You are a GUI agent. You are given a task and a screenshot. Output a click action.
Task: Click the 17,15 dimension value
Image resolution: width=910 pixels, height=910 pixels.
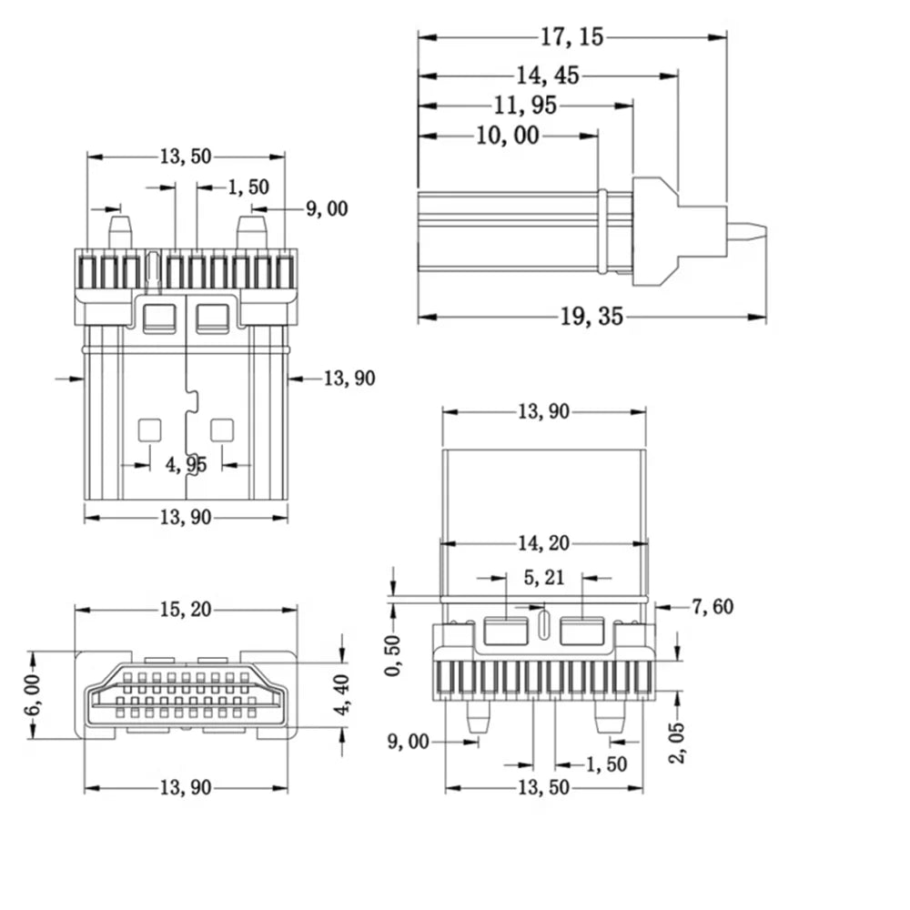[x=572, y=37]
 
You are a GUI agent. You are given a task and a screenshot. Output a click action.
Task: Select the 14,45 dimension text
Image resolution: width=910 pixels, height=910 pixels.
[x=548, y=76]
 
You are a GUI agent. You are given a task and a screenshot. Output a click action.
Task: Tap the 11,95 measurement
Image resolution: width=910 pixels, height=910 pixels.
[x=525, y=106]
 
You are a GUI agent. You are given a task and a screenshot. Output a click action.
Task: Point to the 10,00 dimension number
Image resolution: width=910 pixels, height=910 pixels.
[x=508, y=136]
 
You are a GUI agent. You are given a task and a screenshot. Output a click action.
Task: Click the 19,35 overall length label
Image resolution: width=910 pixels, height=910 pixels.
[x=591, y=317]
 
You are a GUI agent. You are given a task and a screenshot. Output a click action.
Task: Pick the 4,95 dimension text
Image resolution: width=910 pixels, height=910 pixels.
[x=187, y=465]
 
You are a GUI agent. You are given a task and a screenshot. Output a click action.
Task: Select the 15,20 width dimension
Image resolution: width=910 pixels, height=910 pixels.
[x=186, y=610]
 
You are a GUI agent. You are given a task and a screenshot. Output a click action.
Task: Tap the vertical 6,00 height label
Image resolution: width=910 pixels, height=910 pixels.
[x=33, y=694]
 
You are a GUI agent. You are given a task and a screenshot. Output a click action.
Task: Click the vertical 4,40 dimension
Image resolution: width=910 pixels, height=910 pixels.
[x=342, y=694]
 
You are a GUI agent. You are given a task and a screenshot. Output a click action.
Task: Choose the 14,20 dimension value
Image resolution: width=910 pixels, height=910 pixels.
[x=544, y=543]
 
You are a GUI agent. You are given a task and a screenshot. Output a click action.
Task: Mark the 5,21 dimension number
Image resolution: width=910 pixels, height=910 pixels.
[x=544, y=578]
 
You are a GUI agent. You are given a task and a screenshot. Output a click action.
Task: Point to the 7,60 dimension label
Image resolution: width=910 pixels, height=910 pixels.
[x=713, y=607]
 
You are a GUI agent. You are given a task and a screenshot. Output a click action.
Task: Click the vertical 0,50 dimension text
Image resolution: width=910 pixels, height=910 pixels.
[x=393, y=655]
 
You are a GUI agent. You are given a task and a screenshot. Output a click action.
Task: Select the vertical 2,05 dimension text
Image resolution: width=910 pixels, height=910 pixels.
[x=677, y=743]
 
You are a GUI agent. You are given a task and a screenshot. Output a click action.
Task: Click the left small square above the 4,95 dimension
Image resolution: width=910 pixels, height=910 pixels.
[x=149, y=430]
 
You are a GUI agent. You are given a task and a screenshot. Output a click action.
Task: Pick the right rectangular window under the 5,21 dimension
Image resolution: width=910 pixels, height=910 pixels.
[x=582, y=632]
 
